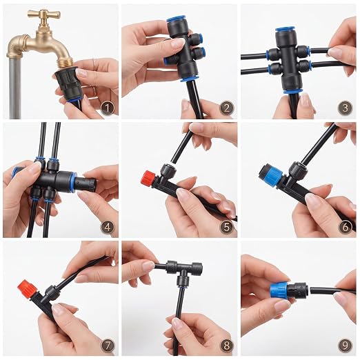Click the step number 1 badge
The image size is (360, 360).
[x=108, y=108]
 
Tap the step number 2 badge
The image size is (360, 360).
[x=226, y=108]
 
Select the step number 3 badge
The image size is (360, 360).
[x=346, y=108]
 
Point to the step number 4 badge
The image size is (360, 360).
[x=108, y=227]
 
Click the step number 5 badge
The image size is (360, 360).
[x=226, y=227]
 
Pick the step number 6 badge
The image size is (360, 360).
[x=346, y=227]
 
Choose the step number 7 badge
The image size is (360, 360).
[x=108, y=346]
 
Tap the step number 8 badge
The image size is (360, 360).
[x=226, y=346]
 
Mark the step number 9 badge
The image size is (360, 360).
[x=346, y=346]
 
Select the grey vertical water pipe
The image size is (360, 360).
[x=15, y=88]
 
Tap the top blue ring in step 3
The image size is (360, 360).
[x=286, y=30]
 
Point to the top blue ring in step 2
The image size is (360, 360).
[x=177, y=19]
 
